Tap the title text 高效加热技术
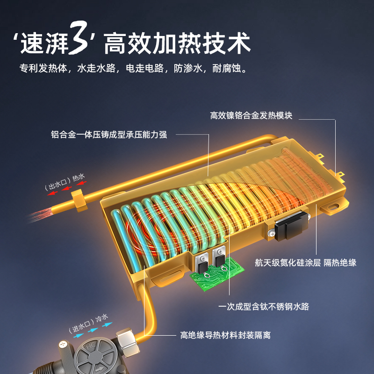pos(178,43)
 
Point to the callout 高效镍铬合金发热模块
pos(251,115)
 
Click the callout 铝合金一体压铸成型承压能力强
pos(109,135)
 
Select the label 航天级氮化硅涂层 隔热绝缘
pos(306,262)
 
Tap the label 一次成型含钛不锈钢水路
pos(264,307)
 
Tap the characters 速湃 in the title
pos(44,43)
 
